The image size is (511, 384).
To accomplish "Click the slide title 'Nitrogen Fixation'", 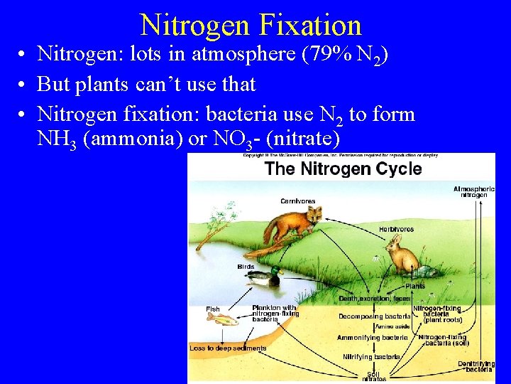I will (251, 25).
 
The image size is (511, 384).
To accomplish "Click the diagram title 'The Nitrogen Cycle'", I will (343, 169).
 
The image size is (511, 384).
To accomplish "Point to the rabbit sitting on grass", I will (402, 255).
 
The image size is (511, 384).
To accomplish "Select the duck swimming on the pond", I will (265, 277).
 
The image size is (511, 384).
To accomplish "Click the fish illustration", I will (221, 319).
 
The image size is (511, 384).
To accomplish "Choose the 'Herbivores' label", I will (396, 229).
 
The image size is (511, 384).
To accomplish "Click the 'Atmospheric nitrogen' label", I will (474, 191).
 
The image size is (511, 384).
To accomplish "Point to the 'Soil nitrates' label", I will (374, 376).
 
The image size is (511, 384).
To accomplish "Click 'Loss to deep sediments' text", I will (228, 348).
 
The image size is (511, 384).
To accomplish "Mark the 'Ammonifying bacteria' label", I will (372, 338).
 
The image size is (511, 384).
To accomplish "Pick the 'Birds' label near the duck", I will (246, 267).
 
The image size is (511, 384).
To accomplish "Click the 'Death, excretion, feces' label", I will (374, 299).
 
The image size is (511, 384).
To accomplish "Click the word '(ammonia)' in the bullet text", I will (132, 139).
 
